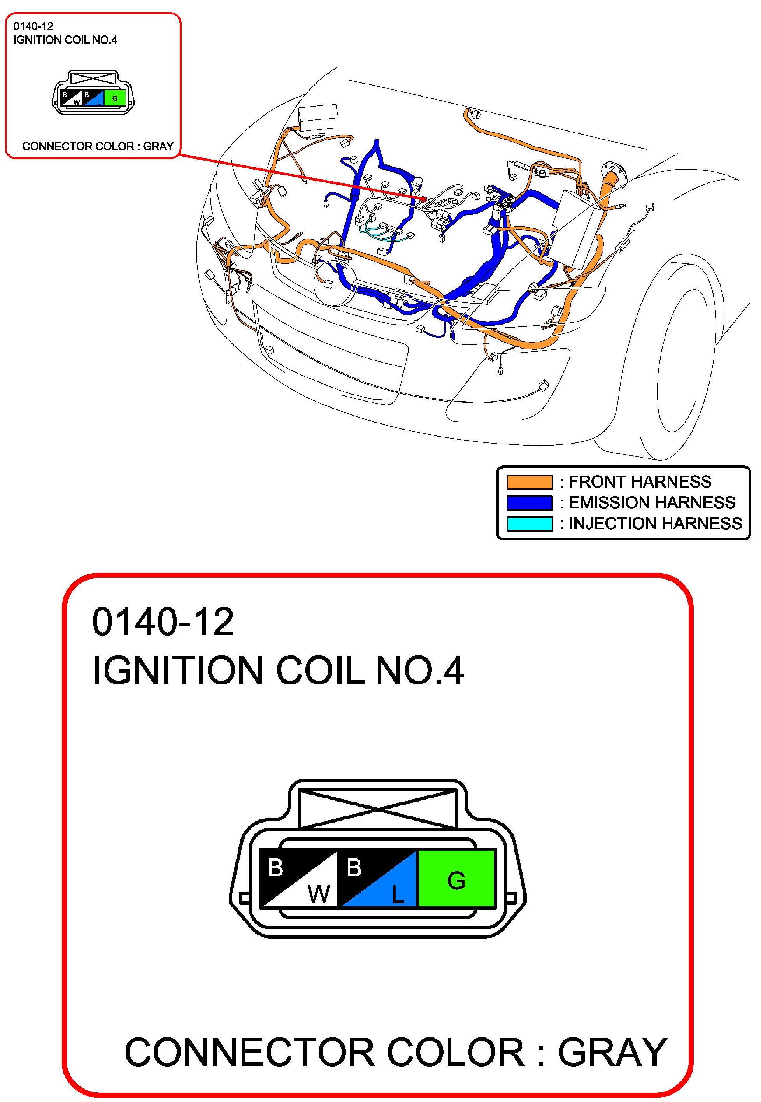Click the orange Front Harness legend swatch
(x=529, y=482)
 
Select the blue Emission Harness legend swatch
(x=529, y=503)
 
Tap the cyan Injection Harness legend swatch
(x=529, y=524)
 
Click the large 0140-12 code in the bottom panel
(x=163, y=622)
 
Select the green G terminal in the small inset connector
(x=114, y=99)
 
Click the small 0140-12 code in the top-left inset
(x=33, y=26)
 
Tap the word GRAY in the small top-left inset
(x=158, y=146)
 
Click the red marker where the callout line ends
(x=423, y=198)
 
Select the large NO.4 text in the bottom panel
(x=419, y=670)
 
